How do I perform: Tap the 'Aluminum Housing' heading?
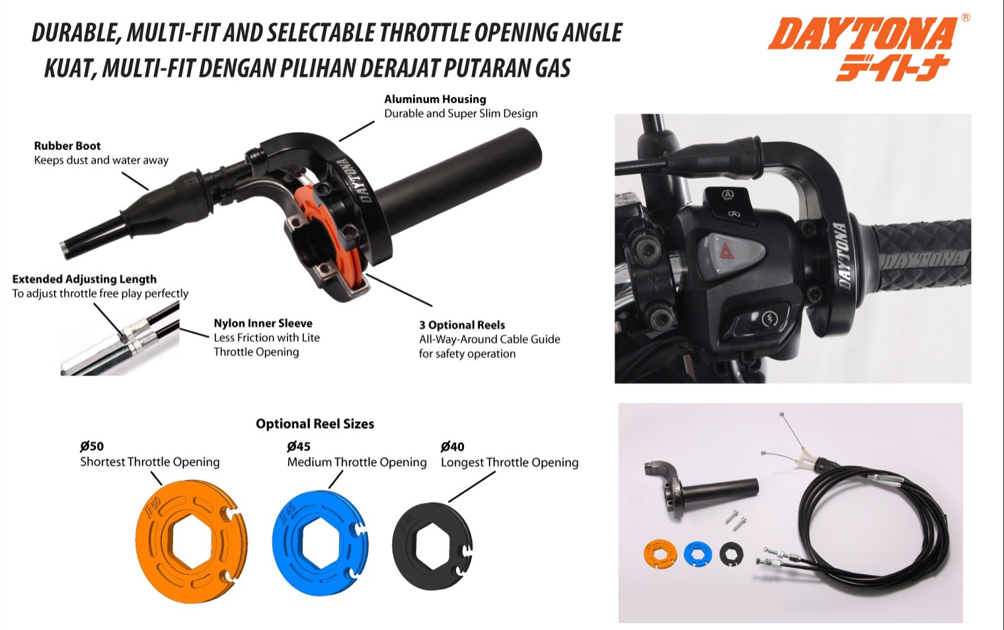[435, 99]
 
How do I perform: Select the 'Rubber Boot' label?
[67, 145]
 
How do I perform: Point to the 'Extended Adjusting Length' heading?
[84, 279]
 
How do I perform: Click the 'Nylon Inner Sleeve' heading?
[263, 323]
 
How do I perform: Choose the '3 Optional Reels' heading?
[462, 325]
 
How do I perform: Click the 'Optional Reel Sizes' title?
[315, 424]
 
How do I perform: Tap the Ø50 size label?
[92, 446]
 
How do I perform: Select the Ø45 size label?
[299, 447]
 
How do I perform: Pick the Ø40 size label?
[452, 447]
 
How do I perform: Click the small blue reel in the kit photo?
[698, 553]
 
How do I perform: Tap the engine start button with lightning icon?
[769, 319]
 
